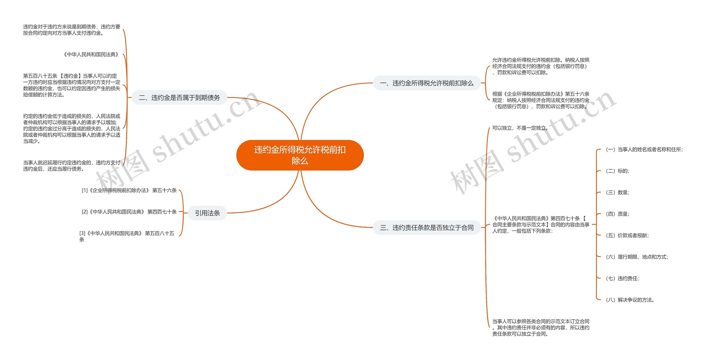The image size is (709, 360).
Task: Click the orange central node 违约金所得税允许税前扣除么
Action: click(x=300, y=155)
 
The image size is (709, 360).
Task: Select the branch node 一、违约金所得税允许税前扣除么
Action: click(x=427, y=83)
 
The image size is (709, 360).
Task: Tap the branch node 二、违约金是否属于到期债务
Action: click(x=179, y=98)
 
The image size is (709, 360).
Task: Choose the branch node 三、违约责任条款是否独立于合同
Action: click(x=427, y=228)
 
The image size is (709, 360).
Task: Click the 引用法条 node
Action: click(x=207, y=213)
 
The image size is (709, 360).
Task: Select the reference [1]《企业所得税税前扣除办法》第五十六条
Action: click(x=129, y=190)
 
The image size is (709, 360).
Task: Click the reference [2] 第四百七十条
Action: click(x=129, y=212)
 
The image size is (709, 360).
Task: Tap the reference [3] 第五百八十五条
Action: click(x=127, y=236)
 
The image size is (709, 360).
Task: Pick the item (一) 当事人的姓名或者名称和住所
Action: click(x=644, y=150)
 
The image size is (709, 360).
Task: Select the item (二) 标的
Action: click(x=618, y=171)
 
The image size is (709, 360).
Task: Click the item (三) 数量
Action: click(x=618, y=192)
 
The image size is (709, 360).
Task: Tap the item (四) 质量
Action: click(x=618, y=214)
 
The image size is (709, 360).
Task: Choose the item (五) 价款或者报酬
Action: click(x=627, y=236)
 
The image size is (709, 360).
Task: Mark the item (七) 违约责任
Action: click(x=623, y=279)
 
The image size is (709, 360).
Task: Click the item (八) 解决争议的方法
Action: click(x=630, y=300)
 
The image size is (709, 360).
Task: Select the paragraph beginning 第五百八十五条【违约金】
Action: click(x=71, y=85)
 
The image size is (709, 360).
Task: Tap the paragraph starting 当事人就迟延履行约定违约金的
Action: click(x=71, y=166)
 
